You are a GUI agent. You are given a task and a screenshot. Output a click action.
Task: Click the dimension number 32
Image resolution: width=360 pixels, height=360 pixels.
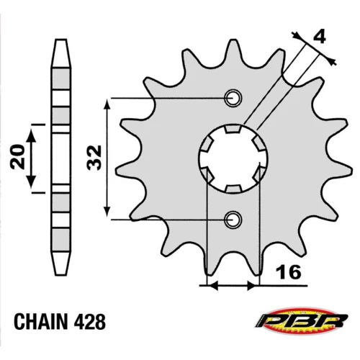click(95, 158)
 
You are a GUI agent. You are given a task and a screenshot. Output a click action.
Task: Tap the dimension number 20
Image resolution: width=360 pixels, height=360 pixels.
click(18, 157)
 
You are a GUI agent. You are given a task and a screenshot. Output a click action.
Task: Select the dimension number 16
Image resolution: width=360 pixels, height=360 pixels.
click(289, 272)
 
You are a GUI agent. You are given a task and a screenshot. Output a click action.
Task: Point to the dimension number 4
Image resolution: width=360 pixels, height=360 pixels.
click(320, 37)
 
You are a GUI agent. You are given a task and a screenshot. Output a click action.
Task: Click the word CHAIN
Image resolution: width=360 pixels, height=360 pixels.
click(40, 322)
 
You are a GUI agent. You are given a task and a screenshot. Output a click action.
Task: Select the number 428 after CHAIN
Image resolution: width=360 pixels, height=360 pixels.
click(90, 322)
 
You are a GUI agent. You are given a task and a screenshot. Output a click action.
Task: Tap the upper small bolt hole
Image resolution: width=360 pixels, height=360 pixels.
click(233, 98)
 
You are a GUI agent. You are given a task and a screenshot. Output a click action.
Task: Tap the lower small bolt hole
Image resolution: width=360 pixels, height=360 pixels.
click(233, 220)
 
